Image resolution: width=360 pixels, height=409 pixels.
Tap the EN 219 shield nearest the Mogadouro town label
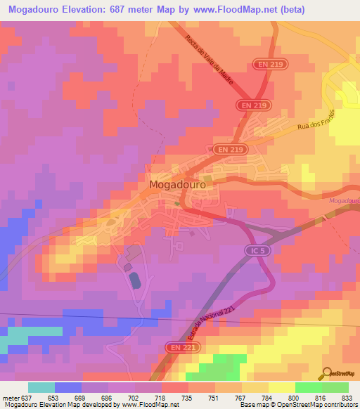click(x=221, y=150)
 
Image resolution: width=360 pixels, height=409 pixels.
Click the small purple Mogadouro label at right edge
click(x=343, y=201)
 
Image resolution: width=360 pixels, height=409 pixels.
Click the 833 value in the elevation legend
click(x=347, y=397)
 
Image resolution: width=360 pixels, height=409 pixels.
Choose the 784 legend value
click(x=267, y=397)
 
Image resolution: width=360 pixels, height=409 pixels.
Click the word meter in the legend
click(x=10, y=397)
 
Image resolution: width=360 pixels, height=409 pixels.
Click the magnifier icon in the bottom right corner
click(x=326, y=374)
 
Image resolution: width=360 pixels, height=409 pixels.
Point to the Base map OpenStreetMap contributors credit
click(x=297, y=405)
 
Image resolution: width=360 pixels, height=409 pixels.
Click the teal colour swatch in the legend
click(x=41, y=387)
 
